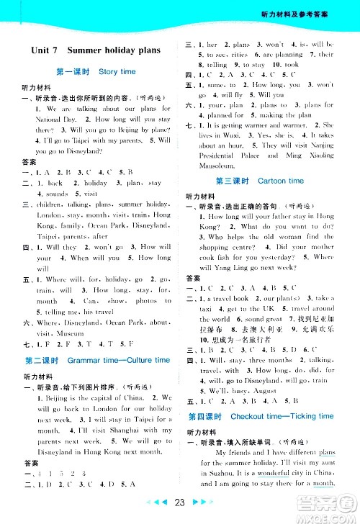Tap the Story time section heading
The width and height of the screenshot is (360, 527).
tap(117, 72)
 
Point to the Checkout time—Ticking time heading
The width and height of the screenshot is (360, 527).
tap(282, 416)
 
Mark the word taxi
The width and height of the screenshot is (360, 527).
tap(206, 307)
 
